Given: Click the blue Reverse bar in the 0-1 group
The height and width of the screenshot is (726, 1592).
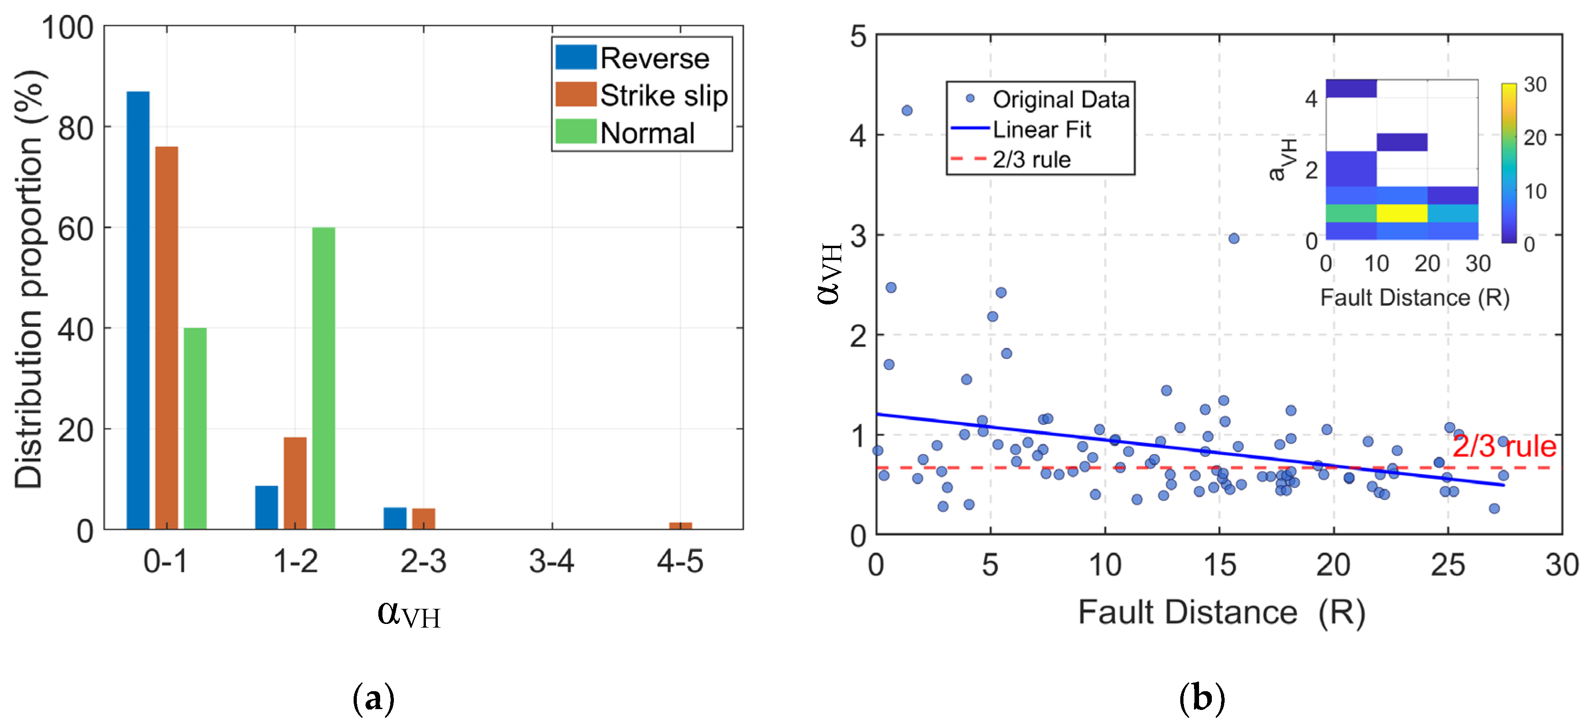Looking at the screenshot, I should (x=138, y=309).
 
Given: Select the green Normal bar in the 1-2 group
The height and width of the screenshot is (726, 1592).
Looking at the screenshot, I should (x=323, y=377).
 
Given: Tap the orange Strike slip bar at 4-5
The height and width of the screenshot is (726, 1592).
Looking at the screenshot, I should (x=680, y=526).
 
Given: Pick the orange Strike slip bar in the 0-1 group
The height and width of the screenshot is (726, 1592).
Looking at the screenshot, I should (x=166, y=337).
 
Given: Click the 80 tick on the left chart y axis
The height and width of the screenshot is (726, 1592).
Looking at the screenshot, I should (x=75, y=129).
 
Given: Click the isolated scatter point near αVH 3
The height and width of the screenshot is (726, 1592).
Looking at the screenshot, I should (x=1233, y=238).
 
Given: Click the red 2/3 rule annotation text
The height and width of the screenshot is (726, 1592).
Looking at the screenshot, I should (x=1503, y=446).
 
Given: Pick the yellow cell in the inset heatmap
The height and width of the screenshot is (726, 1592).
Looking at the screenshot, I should (x=1402, y=213).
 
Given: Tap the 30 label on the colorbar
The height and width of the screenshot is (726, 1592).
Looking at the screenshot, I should (x=1535, y=85).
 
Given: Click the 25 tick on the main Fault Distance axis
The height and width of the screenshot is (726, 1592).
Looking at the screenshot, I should (x=1447, y=564).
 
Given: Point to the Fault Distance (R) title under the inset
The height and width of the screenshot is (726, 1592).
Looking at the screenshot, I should (x=1414, y=298).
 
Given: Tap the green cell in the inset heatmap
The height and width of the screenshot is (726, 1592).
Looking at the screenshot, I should (x=1351, y=213).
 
